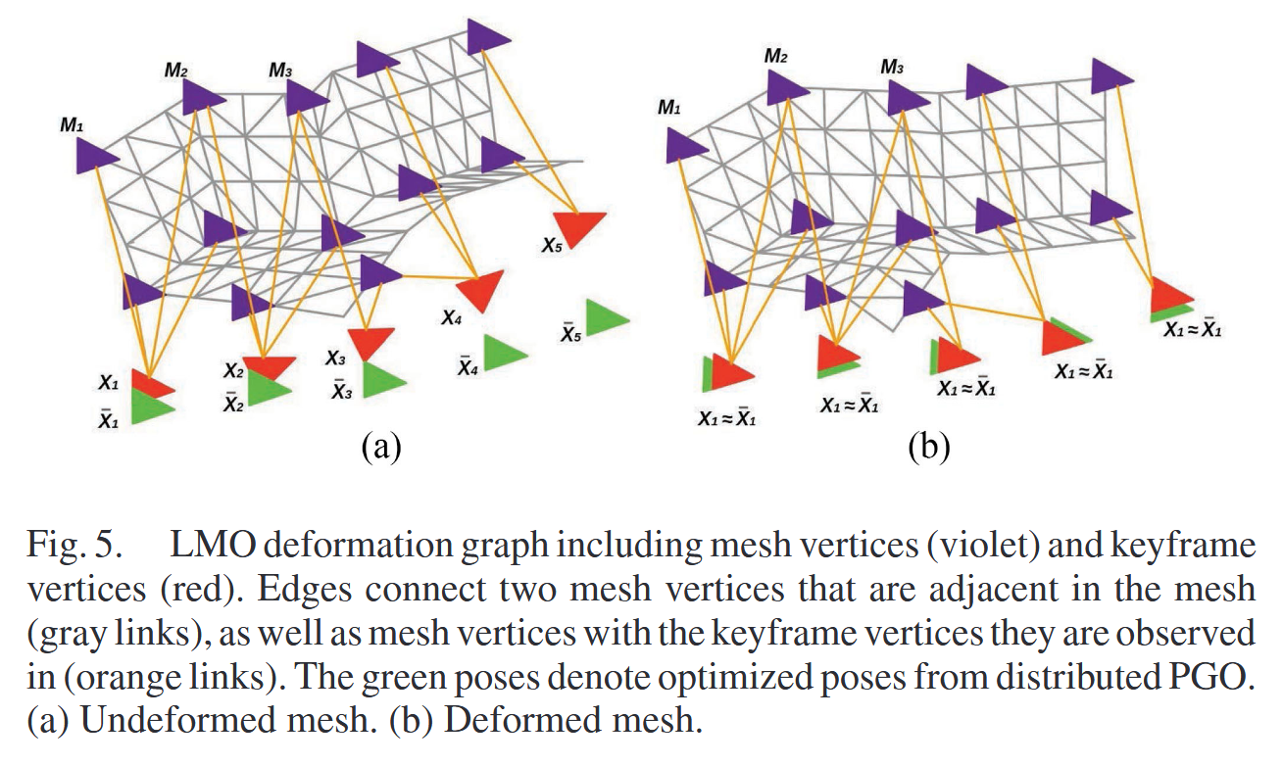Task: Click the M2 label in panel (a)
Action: pos(177,71)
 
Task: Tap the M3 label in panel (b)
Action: pos(892,68)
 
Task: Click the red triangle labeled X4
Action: pos(479,290)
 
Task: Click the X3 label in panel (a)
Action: pos(335,359)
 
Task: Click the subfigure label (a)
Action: pos(379,448)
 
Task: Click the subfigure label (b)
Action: pos(929,448)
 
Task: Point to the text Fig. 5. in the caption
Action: pos(75,544)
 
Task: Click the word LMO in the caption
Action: pos(211,544)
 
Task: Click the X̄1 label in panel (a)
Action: pos(109,418)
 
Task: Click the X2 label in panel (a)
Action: pos(232,371)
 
